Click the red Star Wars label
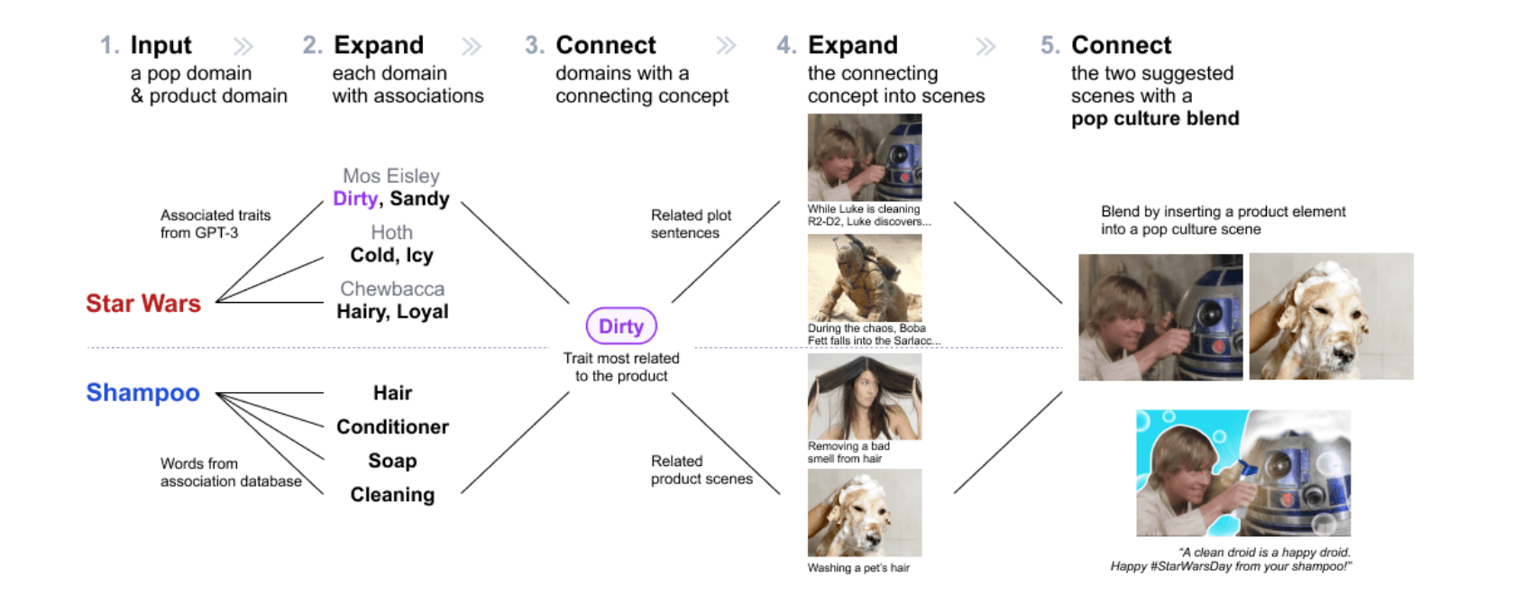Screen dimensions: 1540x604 [x=143, y=303]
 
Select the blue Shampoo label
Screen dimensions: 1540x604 [x=143, y=392]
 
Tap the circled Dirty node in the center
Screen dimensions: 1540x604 [x=621, y=325]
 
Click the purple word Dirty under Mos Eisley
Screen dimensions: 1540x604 [x=354, y=198]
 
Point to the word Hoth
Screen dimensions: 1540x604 [x=392, y=233]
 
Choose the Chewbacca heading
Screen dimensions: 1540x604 [x=392, y=288]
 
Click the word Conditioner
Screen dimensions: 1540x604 [x=392, y=426]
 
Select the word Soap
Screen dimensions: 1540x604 [x=392, y=461]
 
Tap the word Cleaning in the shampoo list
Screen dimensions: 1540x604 [x=392, y=495]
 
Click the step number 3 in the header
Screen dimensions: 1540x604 [x=534, y=45]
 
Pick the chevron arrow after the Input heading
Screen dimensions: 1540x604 [x=243, y=46]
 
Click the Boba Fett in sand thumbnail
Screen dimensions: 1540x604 [x=865, y=278]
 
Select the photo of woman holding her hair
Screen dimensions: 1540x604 [x=865, y=397]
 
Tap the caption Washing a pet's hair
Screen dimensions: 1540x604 [x=858, y=568]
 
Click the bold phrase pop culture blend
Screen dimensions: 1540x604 [x=1155, y=118]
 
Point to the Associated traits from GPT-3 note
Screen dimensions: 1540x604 [x=215, y=224]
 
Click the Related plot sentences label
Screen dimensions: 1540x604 [x=691, y=224]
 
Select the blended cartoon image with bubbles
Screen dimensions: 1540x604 [x=1243, y=472]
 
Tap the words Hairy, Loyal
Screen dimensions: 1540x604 [x=392, y=311]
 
